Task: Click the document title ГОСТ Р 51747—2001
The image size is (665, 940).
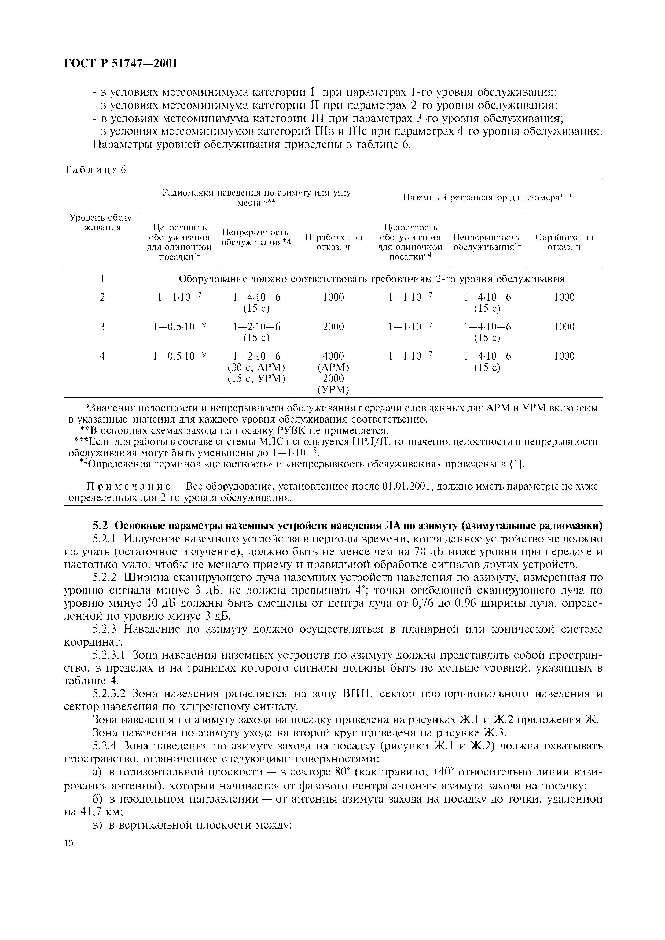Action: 121,64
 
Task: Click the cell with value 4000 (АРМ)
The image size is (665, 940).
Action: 333,361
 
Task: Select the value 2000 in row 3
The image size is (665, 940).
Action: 333,327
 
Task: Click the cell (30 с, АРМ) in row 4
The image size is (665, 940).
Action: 256,367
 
